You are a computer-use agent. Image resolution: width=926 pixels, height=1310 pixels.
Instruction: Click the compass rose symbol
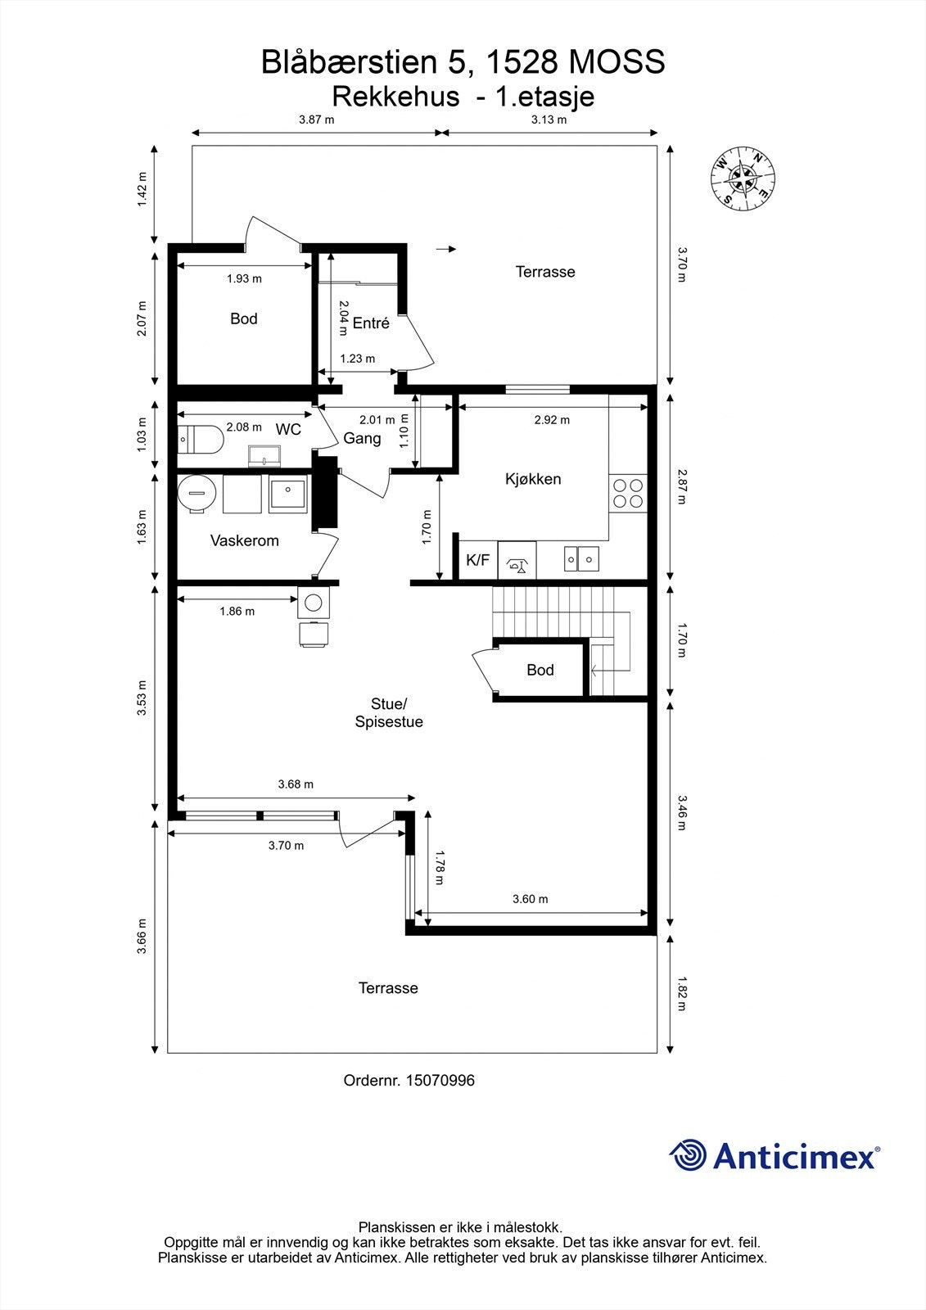pos(743,178)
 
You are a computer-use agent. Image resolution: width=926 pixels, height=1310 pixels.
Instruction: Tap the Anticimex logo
pos(775,1155)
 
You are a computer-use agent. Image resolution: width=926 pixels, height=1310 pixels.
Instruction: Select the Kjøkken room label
pos(533,479)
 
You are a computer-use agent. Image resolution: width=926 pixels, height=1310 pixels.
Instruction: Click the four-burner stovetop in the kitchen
pos(628,493)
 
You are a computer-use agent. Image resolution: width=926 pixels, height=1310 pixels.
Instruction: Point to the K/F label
pos(477,560)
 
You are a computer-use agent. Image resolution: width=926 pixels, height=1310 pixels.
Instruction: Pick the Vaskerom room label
pos(245,540)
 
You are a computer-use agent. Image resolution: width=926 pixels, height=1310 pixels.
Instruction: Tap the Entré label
pos(371,323)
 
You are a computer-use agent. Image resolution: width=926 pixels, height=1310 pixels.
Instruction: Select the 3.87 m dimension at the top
pos(317,120)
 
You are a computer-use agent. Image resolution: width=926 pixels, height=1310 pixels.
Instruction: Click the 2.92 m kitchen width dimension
pos(552,420)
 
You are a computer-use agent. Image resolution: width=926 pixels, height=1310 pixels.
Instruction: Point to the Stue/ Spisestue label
pos(389,712)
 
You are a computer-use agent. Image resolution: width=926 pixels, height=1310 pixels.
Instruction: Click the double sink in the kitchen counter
pos(581,559)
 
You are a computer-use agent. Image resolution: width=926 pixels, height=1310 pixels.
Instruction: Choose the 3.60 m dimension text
pos(530,899)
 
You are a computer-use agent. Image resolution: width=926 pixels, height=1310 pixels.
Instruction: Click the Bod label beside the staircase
pos(540,670)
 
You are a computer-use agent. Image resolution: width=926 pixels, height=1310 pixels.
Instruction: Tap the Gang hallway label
pos(362,438)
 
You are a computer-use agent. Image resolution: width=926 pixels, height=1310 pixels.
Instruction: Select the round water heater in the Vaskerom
pos(196,494)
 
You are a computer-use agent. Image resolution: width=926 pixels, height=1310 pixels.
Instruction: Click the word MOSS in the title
pos(617,62)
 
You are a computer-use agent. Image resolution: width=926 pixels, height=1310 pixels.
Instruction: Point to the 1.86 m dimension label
pos(237,611)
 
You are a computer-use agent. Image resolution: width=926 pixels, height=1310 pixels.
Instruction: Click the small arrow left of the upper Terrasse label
pos(445,249)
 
